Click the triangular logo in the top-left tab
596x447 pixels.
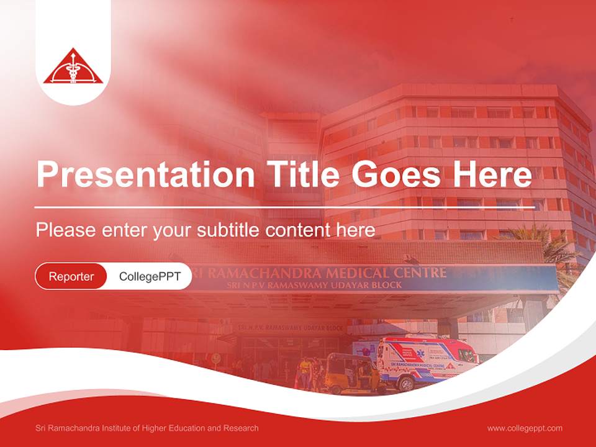pos(73,66)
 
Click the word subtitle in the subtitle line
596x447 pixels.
pos(228,230)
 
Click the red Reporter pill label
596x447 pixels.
pos(71,276)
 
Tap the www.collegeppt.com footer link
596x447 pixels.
pos(525,428)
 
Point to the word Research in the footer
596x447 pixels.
pos(242,428)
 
